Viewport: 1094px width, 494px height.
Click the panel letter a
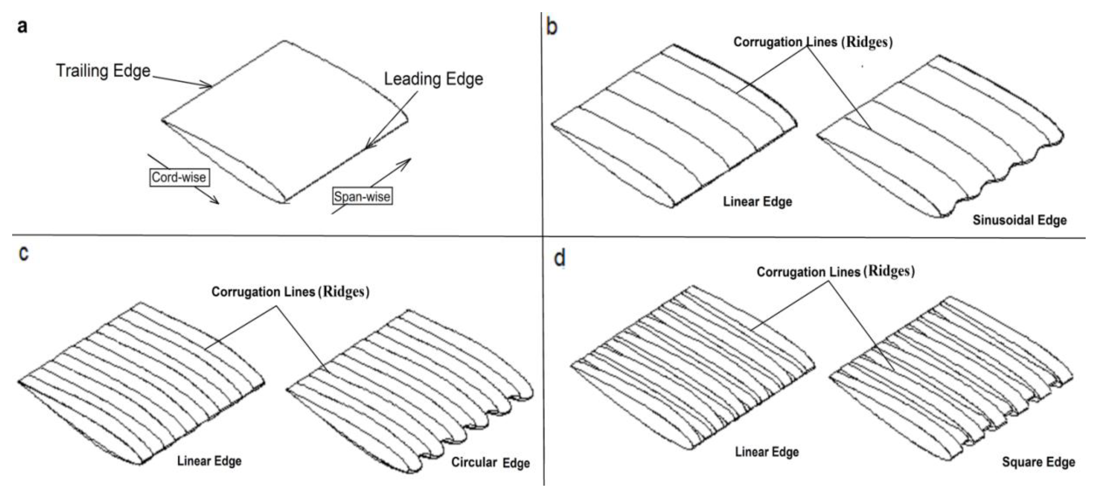click(22, 26)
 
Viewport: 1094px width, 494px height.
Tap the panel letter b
click(552, 27)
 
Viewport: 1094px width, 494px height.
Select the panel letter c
click(24, 253)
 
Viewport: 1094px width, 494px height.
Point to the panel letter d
click(560, 258)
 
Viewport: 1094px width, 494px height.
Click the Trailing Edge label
click(103, 70)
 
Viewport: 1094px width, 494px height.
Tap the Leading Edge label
click(434, 79)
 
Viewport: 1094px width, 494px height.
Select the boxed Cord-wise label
click(179, 177)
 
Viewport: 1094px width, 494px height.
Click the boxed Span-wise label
click(362, 197)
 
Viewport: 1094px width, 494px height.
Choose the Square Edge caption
click(1038, 462)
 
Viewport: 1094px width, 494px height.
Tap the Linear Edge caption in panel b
click(758, 202)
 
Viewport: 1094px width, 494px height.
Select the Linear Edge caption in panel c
click(209, 461)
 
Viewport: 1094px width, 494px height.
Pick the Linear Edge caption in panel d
click(767, 452)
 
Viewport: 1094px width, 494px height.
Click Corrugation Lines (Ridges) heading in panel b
click(813, 42)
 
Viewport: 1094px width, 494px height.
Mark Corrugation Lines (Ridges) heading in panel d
click(835, 271)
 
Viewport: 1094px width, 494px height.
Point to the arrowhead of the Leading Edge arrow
click(368, 146)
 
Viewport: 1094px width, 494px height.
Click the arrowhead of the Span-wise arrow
click(409, 160)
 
